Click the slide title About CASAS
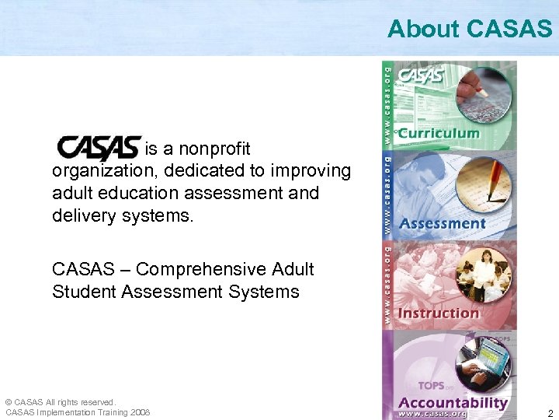(x=469, y=29)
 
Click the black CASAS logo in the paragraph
(x=99, y=148)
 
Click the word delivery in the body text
(x=84, y=215)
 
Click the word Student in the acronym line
(x=82, y=292)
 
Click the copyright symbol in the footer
(x=9, y=402)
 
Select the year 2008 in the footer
(x=141, y=412)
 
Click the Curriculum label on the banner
(x=439, y=133)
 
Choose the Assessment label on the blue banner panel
(x=442, y=224)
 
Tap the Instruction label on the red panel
(x=439, y=313)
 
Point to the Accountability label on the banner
(x=452, y=402)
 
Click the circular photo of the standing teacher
(x=483, y=271)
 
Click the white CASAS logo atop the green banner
(x=420, y=76)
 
